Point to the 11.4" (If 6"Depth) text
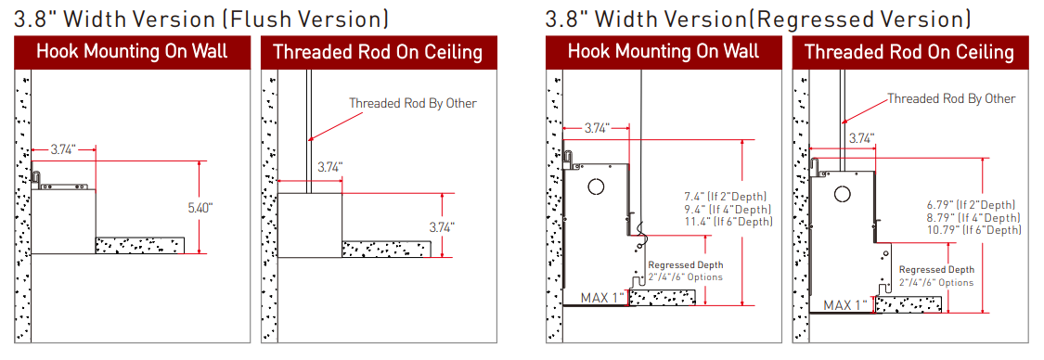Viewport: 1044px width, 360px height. (728, 222)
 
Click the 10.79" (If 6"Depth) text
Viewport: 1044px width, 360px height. (974, 230)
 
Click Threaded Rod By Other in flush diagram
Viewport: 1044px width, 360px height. (413, 103)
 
